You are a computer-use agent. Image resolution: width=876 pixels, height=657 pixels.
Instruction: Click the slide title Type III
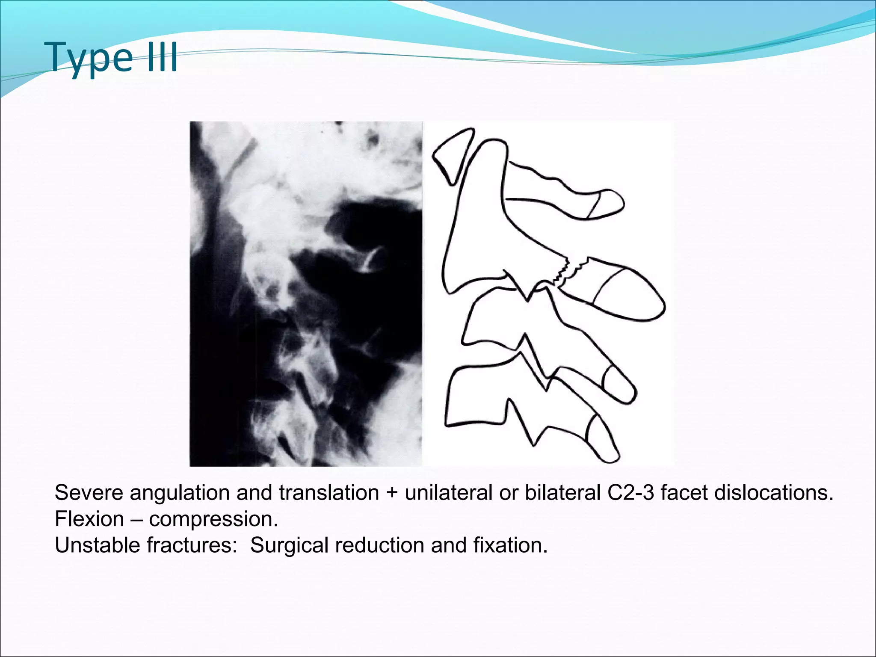tap(113, 58)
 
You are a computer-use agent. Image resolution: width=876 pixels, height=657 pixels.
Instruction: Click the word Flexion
tap(89, 519)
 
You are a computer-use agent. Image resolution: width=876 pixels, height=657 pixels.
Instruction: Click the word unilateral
tap(449, 493)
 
